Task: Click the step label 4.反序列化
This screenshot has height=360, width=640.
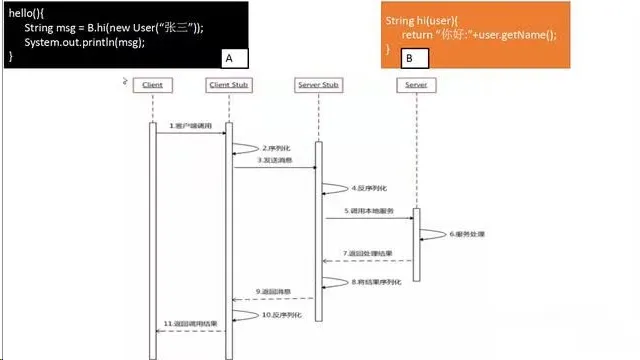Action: pos(367,188)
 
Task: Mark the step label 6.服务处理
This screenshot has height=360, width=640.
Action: pos(466,234)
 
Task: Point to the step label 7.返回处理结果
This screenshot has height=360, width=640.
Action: pos(367,253)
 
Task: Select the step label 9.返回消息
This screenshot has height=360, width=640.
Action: pos(273,291)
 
